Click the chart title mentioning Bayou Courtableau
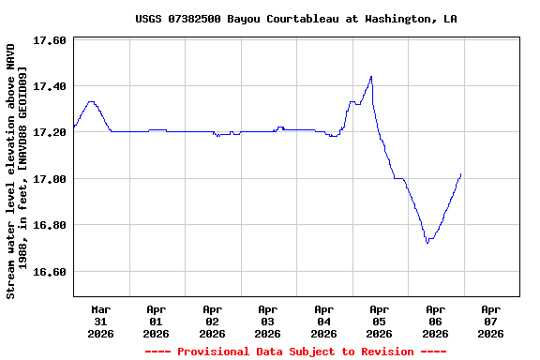(296, 19)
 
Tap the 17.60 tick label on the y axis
(49, 41)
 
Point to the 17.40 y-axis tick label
(49, 86)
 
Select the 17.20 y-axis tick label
(49, 133)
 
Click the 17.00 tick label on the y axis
(49, 179)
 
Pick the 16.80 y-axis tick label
(49, 226)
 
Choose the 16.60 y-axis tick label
(49, 272)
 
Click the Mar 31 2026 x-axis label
(100, 321)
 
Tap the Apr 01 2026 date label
(157, 321)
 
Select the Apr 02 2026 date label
(212, 321)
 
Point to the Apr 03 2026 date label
(268, 321)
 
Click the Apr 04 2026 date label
(323, 321)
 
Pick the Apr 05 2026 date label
(380, 321)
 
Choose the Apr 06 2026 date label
(435, 321)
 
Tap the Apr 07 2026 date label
(490, 321)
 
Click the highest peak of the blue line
(371, 77)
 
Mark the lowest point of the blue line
(427, 243)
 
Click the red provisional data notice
(295, 352)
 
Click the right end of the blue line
(460, 174)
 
